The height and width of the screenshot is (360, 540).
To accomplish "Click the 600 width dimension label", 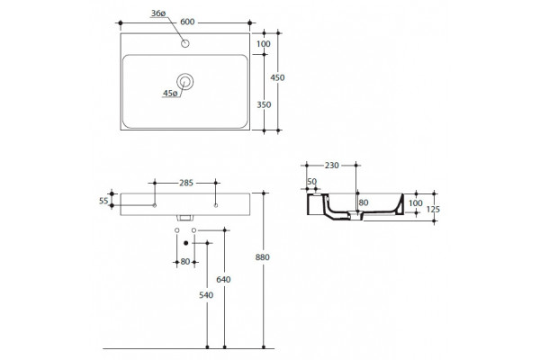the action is (x=187, y=22).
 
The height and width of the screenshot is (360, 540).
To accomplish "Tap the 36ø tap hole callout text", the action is (x=158, y=13).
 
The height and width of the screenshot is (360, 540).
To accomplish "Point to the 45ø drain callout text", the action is (x=170, y=93).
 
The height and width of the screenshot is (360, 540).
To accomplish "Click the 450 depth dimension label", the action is (x=277, y=78).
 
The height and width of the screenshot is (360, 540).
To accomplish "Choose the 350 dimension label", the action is (x=264, y=104).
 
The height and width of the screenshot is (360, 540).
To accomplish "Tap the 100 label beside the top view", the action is (x=264, y=44).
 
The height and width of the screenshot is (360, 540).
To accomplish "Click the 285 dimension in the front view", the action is (x=186, y=183).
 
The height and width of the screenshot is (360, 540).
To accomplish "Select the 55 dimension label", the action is (x=103, y=201).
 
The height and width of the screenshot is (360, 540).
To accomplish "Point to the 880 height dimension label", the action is (x=263, y=257).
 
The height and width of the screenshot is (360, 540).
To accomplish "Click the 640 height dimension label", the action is (x=223, y=279).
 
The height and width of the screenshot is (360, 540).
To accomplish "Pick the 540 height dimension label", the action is (x=206, y=295).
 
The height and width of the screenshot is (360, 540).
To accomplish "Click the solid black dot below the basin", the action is (x=186, y=243).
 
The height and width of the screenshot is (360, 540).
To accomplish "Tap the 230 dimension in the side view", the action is (x=332, y=166).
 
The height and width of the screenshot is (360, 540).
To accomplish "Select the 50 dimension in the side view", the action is (x=311, y=182).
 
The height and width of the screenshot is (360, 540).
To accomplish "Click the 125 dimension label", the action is (x=433, y=209).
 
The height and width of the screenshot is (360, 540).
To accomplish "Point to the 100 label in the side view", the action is (x=416, y=203).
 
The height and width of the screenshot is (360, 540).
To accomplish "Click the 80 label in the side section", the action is (x=364, y=202).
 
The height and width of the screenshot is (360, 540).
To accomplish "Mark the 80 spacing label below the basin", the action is (x=185, y=262).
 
